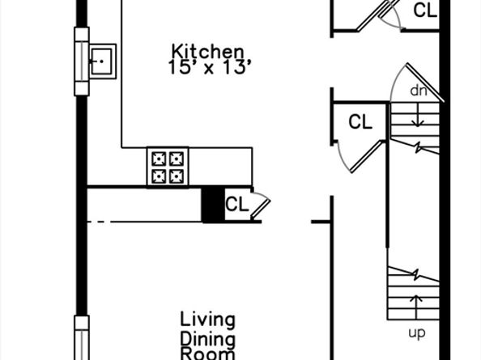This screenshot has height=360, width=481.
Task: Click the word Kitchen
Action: (207, 51)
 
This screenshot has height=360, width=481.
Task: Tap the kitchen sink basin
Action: (102, 61)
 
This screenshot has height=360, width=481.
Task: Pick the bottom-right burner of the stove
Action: (177, 176)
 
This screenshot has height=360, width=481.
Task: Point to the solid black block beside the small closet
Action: (212, 205)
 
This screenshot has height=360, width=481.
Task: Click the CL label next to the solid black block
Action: (236, 205)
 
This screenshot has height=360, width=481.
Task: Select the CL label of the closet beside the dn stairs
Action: (360, 123)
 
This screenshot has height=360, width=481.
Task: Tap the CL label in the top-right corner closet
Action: (425, 11)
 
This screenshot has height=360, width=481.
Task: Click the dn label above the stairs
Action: (418, 91)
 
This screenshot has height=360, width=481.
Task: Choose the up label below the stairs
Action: (416, 332)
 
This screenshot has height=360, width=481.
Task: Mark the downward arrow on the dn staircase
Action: (418, 117)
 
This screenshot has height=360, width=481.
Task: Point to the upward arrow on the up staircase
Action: (417, 306)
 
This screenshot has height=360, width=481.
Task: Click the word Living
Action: (207, 319)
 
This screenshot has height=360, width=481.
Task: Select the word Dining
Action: (207, 338)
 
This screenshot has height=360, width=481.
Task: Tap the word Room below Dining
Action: (207, 354)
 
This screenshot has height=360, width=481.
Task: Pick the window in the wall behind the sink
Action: (81, 61)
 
